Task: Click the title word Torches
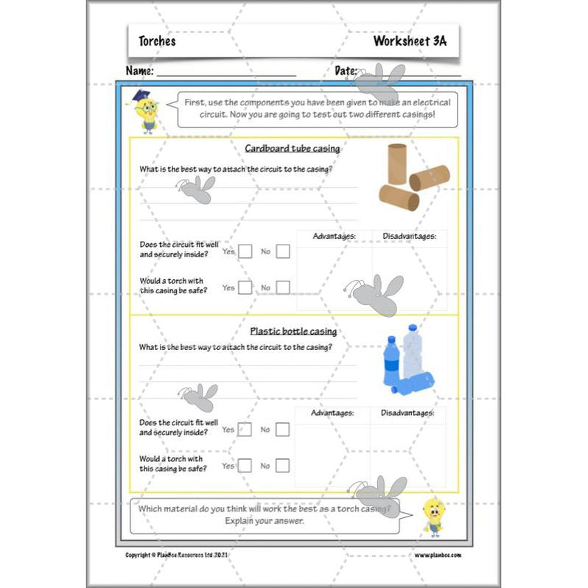157,41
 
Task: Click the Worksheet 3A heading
409,41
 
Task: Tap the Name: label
139,71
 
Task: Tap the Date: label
346,71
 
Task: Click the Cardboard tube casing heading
293,149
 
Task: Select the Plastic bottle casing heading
293,332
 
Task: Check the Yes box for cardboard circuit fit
245,252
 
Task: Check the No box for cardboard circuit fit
283,252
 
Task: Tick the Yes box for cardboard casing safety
245,288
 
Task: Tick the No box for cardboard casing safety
283,288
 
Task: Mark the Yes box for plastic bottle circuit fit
245,430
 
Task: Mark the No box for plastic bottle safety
283,466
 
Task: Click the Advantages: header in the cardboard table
335,237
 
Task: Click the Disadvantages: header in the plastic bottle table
407,413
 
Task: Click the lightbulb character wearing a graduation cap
145,111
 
